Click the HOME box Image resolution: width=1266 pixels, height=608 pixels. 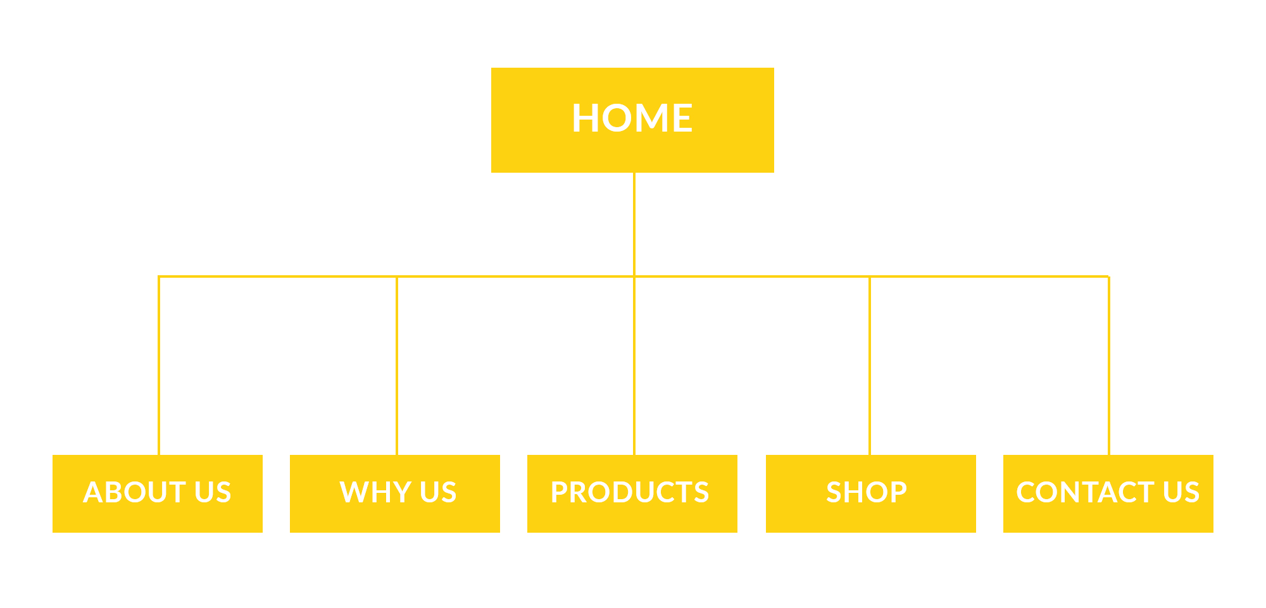coord(632,120)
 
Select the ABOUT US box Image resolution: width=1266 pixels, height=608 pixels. coord(158,493)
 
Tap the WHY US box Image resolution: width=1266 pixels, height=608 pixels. coord(395,493)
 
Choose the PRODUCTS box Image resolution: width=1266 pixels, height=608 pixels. coord(632,493)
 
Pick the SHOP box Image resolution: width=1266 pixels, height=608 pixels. coord(871,493)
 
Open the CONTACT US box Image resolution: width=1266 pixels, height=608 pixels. coord(1108,493)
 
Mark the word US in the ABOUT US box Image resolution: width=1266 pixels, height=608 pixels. coord(213,492)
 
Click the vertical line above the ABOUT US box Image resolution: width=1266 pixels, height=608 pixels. coord(159,366)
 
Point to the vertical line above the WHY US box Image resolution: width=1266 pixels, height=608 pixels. coord(397,366)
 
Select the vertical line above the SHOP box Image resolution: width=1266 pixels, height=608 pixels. coord(870,366)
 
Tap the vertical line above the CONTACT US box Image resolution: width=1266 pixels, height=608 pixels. coord(1109,366)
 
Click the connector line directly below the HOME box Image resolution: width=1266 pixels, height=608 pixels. coord(634,224)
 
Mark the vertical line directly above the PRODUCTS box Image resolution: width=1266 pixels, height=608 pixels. coord(634,366)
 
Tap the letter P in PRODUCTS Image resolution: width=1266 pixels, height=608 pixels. coord(560,492)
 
